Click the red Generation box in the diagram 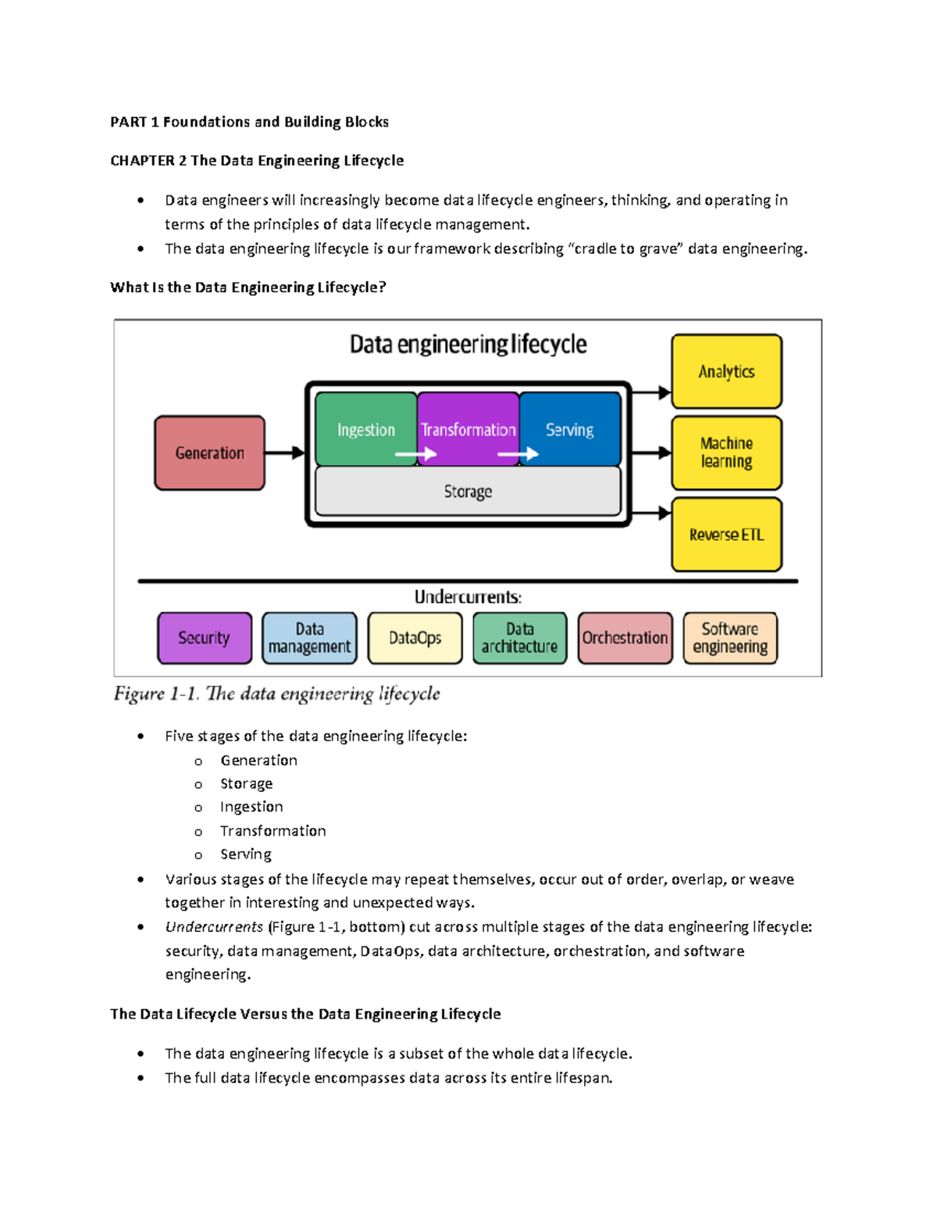(209, 453)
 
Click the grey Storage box (468, 491)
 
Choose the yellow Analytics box (726, 372)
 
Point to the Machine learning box (726, 453)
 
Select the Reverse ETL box (726, 535)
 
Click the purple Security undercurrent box (205, 638)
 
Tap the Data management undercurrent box (309, 638)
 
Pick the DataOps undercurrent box (415, 638)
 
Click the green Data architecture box (519, 638)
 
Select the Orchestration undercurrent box (625, 638)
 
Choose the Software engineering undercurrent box (730, 638)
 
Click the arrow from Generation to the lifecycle (284, 453)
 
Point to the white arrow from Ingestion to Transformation (415, 454)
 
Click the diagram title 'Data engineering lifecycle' (468, 344)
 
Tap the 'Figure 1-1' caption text (276, 694)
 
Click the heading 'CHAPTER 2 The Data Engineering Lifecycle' (257, 161)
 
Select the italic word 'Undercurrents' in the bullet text (214, 927)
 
